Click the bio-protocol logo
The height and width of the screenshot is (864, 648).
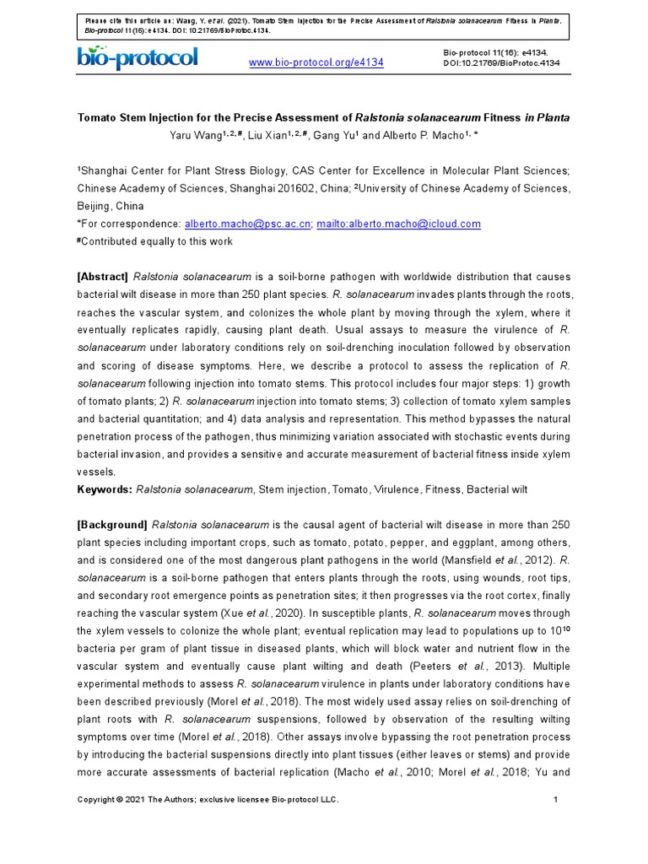click(138, 57)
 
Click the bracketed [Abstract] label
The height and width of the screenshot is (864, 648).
click(102, 277)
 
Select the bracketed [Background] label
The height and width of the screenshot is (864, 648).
click(112, 524)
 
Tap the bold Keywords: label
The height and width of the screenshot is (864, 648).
click(105, 489)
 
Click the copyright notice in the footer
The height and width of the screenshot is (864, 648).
click(208, 800)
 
